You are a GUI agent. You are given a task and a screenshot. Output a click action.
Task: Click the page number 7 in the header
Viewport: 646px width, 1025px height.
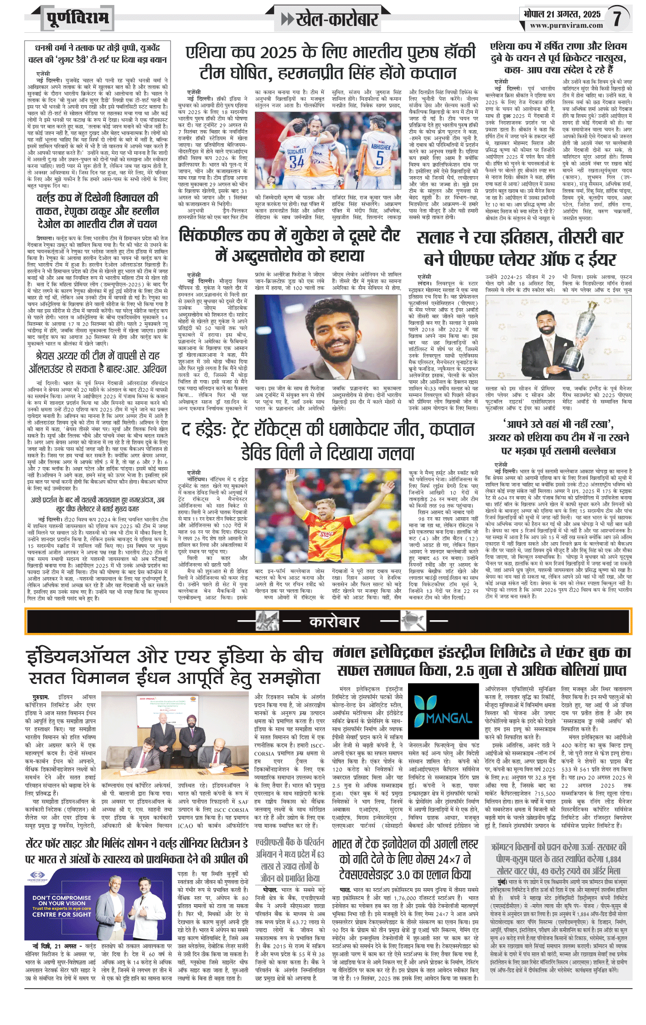[617, 19]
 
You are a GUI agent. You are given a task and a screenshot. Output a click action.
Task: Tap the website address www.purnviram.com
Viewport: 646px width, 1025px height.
[566, 26]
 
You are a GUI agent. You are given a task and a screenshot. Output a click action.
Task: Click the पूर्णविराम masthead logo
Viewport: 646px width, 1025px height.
[78, 19]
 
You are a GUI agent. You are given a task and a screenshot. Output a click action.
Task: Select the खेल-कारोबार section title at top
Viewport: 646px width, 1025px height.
[336, 19]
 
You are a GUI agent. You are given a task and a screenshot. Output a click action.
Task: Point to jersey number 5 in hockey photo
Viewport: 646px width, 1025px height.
[380, 158]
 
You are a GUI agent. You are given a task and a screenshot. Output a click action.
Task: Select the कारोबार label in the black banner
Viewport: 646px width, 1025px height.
[334, 622]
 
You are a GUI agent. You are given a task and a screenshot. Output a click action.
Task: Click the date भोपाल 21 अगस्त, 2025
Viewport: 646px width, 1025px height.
[562, 14]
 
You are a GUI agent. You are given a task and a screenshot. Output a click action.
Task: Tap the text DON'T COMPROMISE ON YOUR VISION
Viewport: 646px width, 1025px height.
[62, 901]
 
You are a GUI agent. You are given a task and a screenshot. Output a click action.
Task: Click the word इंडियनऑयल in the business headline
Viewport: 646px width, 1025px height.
[78, 657]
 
